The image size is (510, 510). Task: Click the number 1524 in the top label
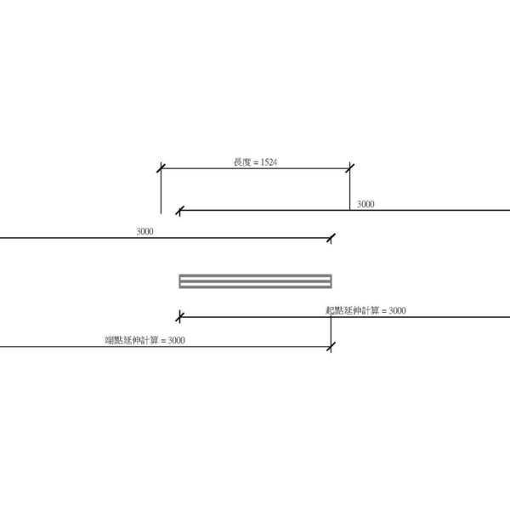coord(269,162)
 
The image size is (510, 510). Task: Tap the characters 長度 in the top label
coord(242,162)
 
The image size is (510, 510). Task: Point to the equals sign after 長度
coord(256,162)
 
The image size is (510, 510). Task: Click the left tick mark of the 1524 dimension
coord(161,168)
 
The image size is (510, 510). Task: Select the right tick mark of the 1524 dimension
coord(350,168)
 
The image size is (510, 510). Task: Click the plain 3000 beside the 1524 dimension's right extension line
coord(365,204)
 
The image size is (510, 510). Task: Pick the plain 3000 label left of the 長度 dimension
coord(144,231)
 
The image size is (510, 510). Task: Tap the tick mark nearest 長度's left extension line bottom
coord(180,211)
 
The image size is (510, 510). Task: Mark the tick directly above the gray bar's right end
coord(331,238)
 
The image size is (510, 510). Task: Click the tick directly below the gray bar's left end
coord(179,317)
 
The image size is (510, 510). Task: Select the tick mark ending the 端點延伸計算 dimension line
coord(331,347)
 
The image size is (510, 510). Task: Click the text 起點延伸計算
coord(352,310)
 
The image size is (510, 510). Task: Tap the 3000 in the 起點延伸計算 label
coord(397,310)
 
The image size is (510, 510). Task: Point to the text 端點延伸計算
coord(132,340)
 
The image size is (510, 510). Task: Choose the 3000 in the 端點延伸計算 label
coord(176,341)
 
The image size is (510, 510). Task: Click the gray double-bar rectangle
coord(255,281)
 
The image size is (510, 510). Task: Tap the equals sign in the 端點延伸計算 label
coord(163,341)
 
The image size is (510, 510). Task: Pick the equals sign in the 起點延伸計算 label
coord(384,311)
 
